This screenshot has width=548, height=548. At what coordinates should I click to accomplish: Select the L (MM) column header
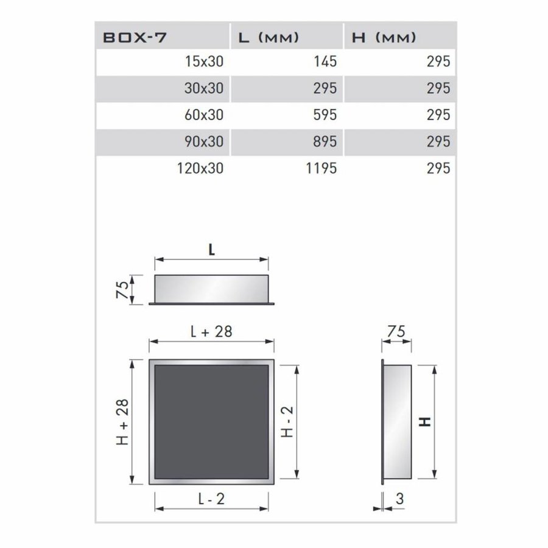coord(267,38)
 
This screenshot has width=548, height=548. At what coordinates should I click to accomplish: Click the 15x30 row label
coord(203,62)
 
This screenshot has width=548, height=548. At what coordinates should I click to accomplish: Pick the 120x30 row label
coord(198,168)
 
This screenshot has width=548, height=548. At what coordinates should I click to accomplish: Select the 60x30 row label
coord(203,115)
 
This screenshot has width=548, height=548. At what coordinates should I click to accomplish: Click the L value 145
coord(323,62)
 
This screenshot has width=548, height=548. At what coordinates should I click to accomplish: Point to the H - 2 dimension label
coord(288,422)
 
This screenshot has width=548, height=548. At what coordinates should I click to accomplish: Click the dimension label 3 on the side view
coord(399,499)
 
